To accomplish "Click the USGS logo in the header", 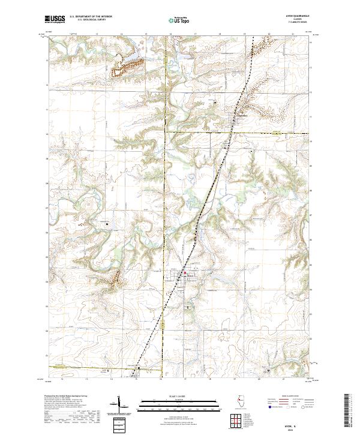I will coord(55,19).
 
